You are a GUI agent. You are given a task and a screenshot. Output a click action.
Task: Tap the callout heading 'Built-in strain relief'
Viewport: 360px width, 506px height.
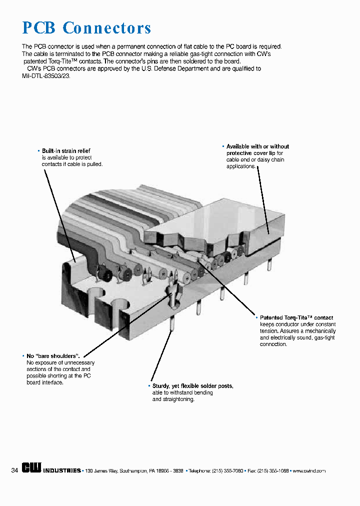pos(66,150)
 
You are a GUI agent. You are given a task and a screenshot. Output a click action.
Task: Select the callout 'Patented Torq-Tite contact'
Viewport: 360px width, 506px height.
pos(296,317)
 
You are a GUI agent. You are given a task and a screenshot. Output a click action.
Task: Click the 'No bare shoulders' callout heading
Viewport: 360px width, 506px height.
pos(53,355)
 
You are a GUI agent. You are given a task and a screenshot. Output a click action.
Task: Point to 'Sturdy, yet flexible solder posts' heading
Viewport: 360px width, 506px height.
pos(192,386)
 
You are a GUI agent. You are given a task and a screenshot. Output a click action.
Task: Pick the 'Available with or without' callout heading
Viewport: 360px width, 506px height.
pos(257,146)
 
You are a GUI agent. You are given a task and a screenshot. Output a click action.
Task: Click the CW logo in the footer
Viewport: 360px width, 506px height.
pos(31,469)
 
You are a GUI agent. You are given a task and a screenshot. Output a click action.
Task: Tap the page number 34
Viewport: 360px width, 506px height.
pos(14,470)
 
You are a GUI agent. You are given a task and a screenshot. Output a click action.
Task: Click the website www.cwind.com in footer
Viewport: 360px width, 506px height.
pos(309,471)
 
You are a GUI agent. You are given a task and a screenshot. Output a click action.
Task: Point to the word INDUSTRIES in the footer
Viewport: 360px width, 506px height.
pos(61,471)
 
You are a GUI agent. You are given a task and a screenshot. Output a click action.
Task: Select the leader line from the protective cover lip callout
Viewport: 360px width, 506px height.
pos(263,200)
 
